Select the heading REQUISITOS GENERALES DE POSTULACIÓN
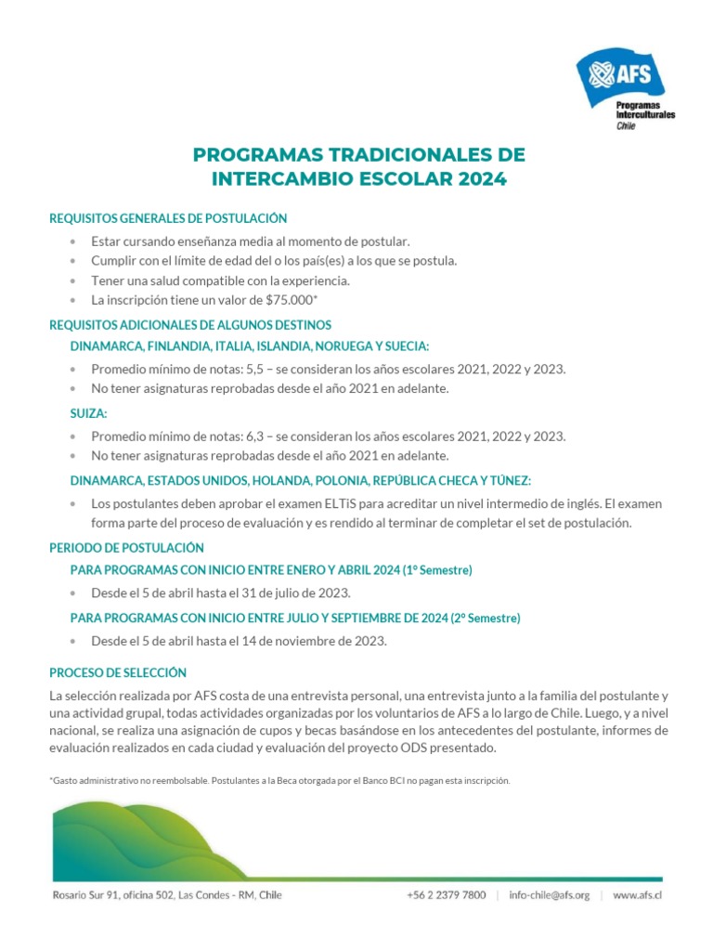(168, 218)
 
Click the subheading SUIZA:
(89, 413)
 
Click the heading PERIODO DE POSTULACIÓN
(126, 548)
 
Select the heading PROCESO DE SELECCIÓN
(118, 672)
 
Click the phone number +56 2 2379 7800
(446, 895)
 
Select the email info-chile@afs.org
(550, 895)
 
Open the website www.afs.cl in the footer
(637, 895)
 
